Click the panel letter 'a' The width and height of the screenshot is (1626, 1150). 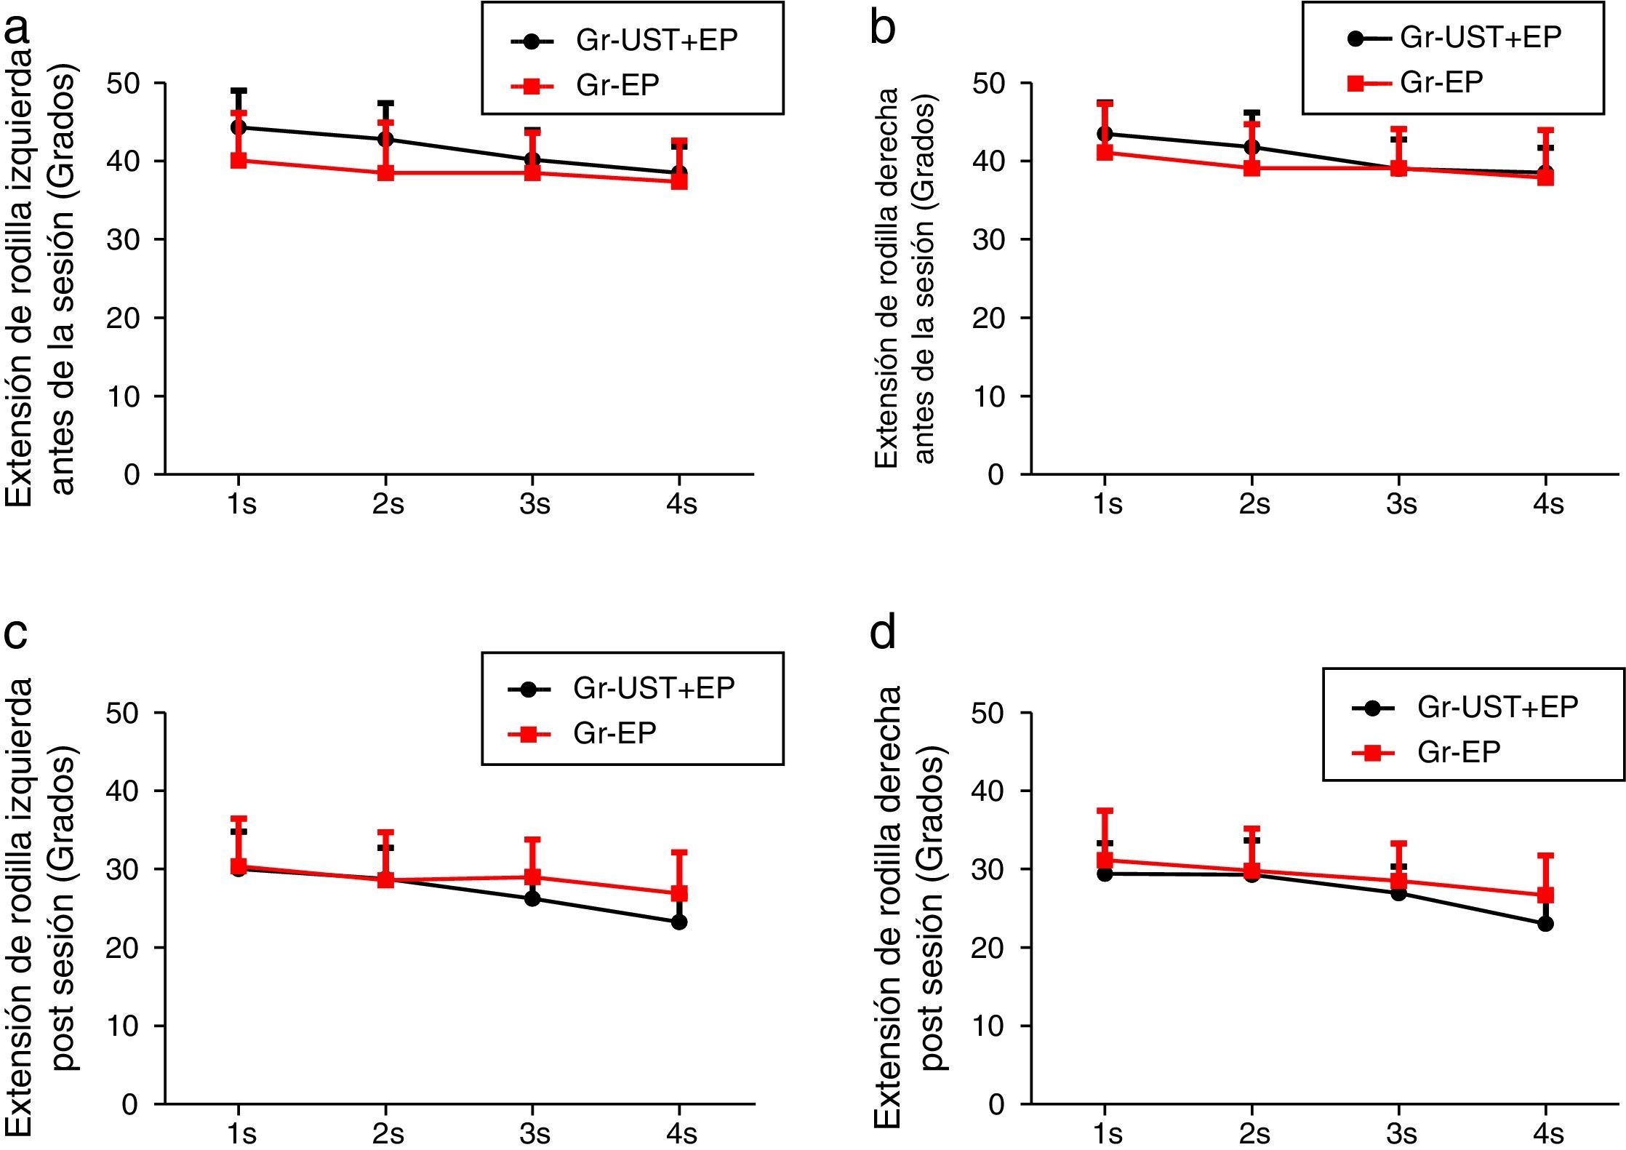pyautogui.click(x=17, y=31)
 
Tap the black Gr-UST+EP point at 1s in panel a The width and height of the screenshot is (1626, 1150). pyautogui.click(x=239, y=127)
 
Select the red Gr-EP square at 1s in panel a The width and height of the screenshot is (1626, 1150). pyautogui.click(x=239, y=160)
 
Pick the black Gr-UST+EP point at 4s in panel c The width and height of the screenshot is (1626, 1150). pyautogui.click(x=679, y=922)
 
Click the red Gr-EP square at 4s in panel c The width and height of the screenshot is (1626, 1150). pyautogui.click(x=679, y=893)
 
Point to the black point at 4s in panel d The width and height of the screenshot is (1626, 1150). pyautogui.click(x=1546, y=924)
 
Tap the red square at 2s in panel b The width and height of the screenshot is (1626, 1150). pyautogui.click(x=1251, y=169)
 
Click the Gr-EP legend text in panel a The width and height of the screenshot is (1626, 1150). pyautogui.click(x=617, y=86)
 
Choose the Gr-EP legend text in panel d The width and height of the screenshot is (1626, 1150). pyautogui.click(x=1459, y=752)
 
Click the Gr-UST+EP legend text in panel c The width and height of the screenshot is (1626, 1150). pyautogui.click(x=654, y=688)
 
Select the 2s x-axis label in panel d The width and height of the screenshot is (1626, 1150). pyautogui.click(x=1254, y=1133)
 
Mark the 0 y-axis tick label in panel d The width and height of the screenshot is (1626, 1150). pyautogui.click(x=996, y=1105)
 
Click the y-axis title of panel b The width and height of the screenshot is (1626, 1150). pyautogui.click(x=905, y=276)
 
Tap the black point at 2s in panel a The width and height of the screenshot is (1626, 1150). pyautogui.click(x=385, y=139)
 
